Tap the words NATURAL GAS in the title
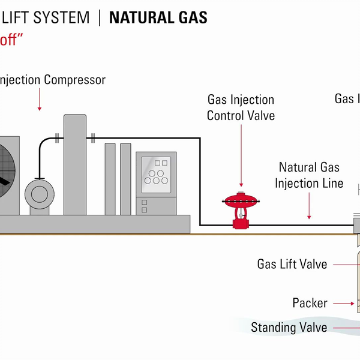(x=158, y=17)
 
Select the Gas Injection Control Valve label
(x=241, y=107)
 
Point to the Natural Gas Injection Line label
(x=309, y=175)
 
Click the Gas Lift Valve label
(x=292, y=264)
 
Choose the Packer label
(x=310, y=303)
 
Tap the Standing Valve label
(x=290, y=328)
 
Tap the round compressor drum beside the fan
(x=40, y=194)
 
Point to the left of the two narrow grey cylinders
(x=110, y=178)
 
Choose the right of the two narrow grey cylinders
(x=125, y=178)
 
